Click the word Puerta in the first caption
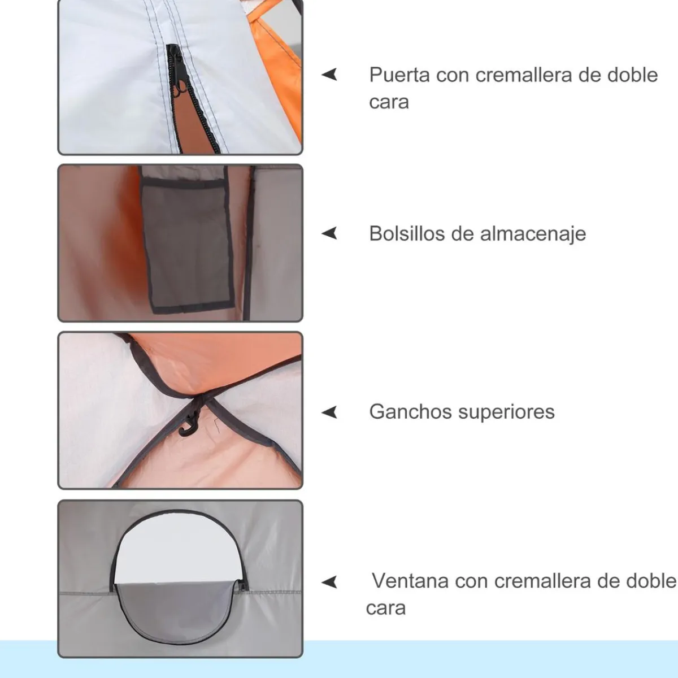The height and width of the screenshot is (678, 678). tap(399, 75)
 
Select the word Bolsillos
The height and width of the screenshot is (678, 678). tap(407, 233)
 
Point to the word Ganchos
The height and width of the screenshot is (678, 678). tap(410, 411)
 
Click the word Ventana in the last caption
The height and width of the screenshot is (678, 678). tap(410, 581)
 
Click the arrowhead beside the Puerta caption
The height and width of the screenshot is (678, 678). tap(329, 75)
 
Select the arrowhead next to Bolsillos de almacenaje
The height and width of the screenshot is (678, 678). tap(329, 233)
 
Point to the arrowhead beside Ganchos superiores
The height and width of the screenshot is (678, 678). tap(329, 412)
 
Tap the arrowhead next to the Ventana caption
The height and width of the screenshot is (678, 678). tap(329, 582)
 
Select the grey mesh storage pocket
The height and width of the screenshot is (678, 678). tap(187, 243)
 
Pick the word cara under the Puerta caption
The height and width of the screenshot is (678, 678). tap(389, 102)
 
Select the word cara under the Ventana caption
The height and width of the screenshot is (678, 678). tap(386, 609)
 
